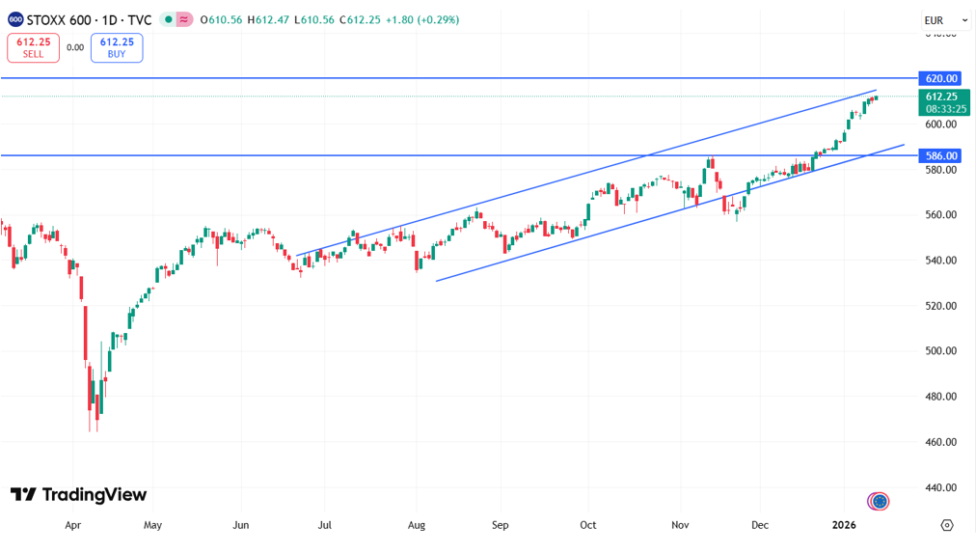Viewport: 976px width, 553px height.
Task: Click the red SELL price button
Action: pyautogui.click(x=33, y=47)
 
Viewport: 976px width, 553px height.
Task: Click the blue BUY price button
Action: pyautogui.click(x=117, y=47)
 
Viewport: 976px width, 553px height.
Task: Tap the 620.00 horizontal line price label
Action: pyautogui.click(x=940, y=78)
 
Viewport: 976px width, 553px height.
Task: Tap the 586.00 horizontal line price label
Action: pyautogui.click(x=940, y=155)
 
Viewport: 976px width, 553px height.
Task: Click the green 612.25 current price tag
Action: pyautogui.click(x=941, y=102)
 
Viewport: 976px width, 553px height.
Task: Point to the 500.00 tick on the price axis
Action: pyautogui.click(x=940, y=351)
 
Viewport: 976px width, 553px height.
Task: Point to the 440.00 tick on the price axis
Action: pyautogui.click(x=940, y=487)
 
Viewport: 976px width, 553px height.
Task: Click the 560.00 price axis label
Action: pyautogui.click(x=940, y=215)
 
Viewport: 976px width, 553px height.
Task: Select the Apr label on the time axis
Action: pyautogui.click(x=72, y=525)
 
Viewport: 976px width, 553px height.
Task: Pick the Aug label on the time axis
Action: pyautogui.click(x=416, y=525)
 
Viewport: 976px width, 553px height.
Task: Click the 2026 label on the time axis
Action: pyautogui.click(x=845, y=525)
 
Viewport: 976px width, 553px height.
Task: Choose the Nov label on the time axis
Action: pyautogui.click(x=681, y=525)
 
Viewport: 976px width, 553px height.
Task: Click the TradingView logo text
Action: pyautogui.click(x=79, y=495)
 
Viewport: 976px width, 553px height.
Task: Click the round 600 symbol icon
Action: pyautogui.click(x=15, y=19)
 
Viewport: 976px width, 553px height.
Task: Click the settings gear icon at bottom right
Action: pyautogui.click(x=947, y=525)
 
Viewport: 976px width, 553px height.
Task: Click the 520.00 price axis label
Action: pyautogui.click(x=940, y=306)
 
